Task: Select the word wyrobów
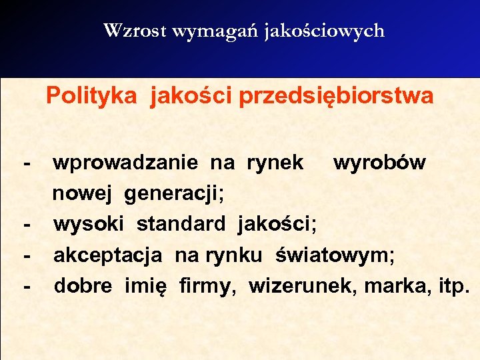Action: click(x=379, y=162)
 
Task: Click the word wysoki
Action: click(x=91, y=225)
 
